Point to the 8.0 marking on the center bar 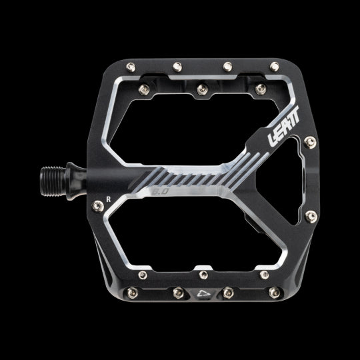click(161, 191)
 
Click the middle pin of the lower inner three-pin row click(201, 273)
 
